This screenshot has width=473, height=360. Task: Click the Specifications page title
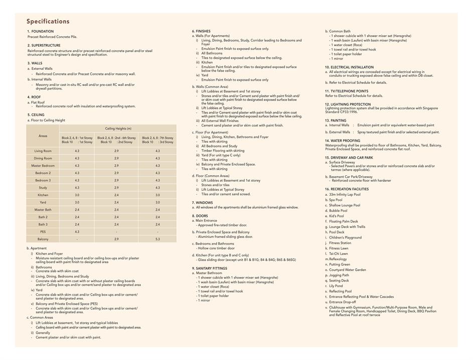coord(48,21)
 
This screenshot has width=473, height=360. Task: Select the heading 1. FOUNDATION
coord(40,32)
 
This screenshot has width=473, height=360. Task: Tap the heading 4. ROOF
coord(34,97)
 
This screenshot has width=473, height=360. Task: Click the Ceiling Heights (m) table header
coord(116,129)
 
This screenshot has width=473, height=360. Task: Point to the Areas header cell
coord(43,136)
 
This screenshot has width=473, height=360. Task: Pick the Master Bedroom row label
coord(43,166)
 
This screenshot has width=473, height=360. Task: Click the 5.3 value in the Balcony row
coord(157,239)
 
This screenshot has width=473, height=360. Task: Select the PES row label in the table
coord(43,232)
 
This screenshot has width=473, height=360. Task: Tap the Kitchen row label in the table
coord(43,195)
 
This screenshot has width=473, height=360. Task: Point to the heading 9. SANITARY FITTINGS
coord(210,268)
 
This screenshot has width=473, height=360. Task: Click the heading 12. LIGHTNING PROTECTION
coord(348,104)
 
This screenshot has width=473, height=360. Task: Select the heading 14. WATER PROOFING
coord(343,141)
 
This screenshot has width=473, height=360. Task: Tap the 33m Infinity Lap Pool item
coord(345,194)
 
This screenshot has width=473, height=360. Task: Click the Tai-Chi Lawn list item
coord(339,254)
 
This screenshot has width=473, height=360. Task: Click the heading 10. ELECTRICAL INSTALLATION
coord(349,67)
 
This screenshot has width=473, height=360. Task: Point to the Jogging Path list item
coord(339,275)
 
